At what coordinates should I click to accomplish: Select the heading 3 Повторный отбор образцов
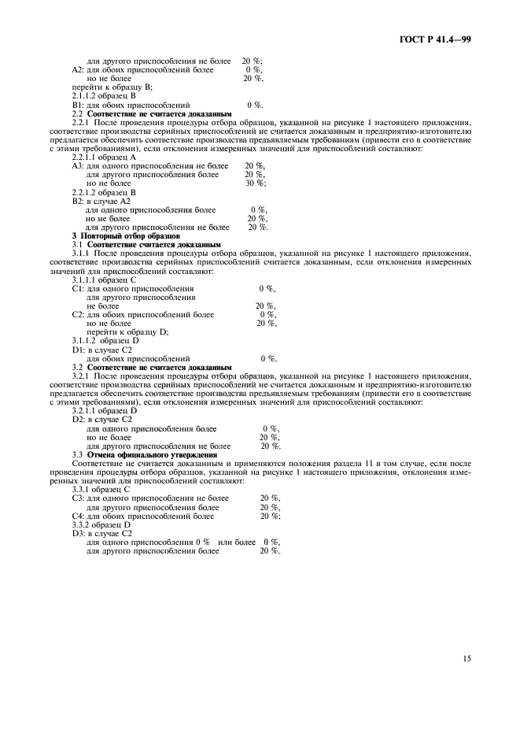pos(126,236)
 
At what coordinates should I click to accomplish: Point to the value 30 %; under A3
pos(255,183)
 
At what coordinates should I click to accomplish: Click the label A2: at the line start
pos(78,69)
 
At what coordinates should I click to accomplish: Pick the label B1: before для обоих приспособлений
pos(78,104)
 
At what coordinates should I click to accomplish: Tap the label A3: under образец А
pos(78,166)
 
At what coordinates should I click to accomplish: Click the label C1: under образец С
pos(78,289)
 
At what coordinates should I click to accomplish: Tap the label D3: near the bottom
pos(78,533)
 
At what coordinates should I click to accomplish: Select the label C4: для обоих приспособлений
pos(78,516)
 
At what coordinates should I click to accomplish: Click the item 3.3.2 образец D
pos(101,524)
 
